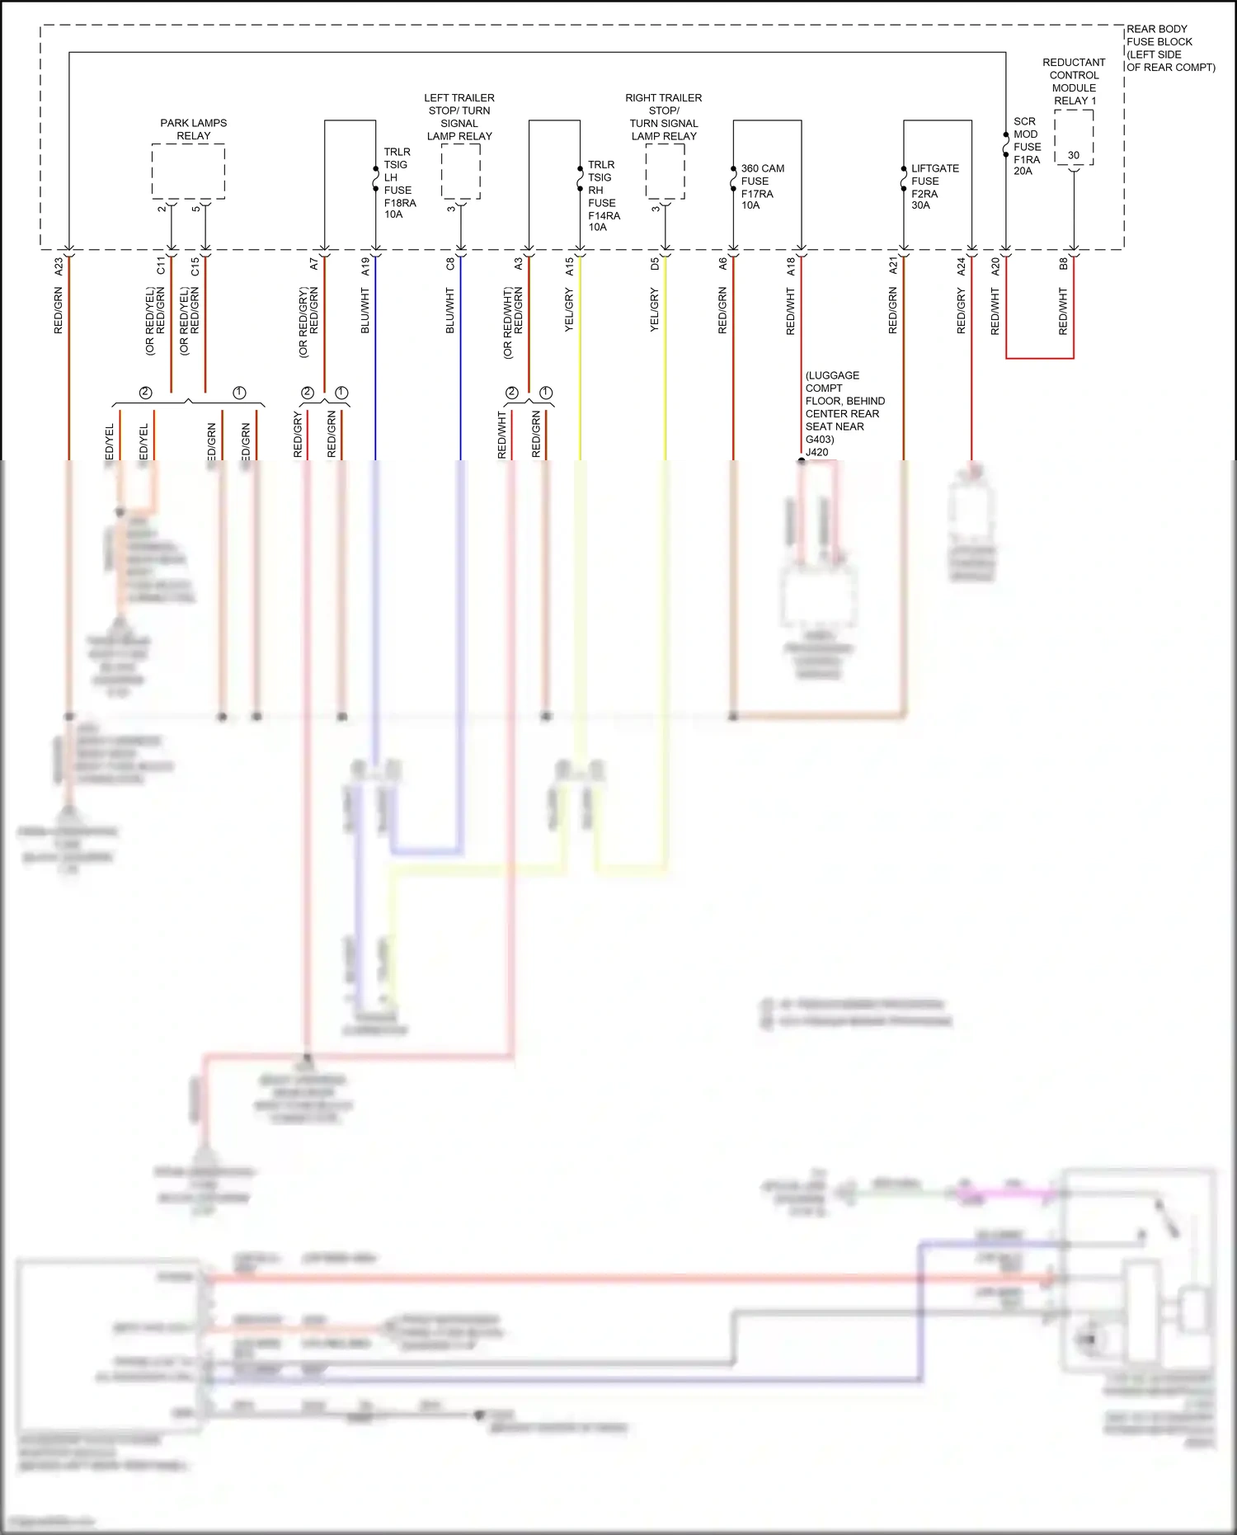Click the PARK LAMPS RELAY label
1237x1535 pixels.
click(193, 129)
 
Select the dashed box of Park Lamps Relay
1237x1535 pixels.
click(188, 172)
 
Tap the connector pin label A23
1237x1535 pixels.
click(59, 266)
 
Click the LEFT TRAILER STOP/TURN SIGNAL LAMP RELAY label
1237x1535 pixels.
click(459, 116)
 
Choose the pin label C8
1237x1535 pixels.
click(450, 264)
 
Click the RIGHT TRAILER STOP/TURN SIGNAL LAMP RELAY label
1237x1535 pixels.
click(663, 116)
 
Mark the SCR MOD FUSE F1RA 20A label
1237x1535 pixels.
click(1026, 146)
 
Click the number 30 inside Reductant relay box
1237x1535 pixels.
click(1073, 155)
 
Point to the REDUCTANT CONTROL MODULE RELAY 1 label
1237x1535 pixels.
click(1074, 81)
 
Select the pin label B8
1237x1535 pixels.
click(1063, 264)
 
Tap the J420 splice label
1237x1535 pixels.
click(816, 452)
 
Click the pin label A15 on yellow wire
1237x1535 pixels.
click(569, 266)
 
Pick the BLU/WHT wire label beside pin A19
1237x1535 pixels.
click(365, 310)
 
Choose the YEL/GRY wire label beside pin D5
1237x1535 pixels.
click(654, 310)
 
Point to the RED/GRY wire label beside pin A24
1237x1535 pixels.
click(961, 310)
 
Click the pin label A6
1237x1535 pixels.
click(722, 264)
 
